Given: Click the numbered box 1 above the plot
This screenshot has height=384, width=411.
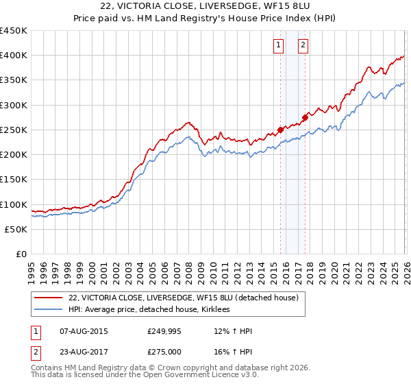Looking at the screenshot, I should tap(279, 46).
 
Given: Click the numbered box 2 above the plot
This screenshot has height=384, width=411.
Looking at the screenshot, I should tap(303, 46).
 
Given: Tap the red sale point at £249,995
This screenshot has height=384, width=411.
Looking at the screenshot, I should tap(280, 129).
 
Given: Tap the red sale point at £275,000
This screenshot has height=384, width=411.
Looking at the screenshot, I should tap(305, 117).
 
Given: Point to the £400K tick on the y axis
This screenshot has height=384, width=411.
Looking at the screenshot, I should tap(14, 56).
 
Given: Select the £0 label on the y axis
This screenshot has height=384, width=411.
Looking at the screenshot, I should tap(21, 254).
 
